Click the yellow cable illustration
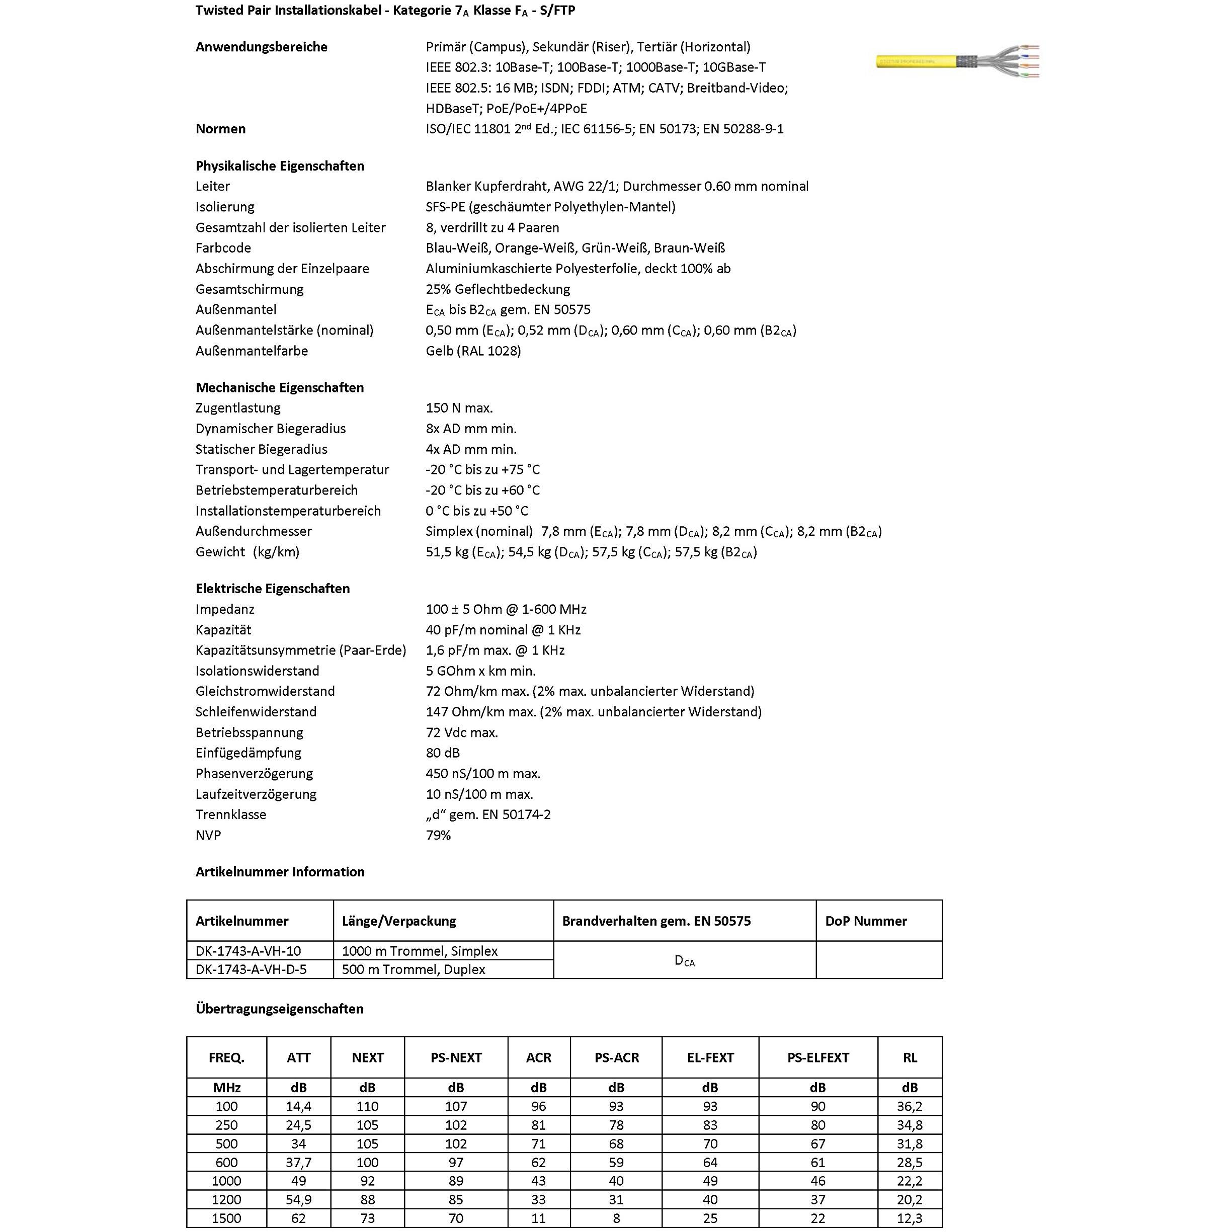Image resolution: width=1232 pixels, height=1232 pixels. click(x=956, y=62)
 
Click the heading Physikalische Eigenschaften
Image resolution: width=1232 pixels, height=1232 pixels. click(x=279, y=166)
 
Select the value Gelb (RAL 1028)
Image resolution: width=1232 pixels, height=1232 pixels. click(x=473, y=351)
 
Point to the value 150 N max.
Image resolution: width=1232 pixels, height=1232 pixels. click(x=459, y=407)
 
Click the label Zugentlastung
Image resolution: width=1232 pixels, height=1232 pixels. click(x=238, y=407)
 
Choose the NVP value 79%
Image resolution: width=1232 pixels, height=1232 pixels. click(x=438, y=835)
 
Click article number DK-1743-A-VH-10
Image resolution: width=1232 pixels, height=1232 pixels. click(x=248, y=951)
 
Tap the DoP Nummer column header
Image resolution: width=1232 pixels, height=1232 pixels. click(x=865, y=921)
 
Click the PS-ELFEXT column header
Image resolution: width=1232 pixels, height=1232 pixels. click(x=817, y=1057)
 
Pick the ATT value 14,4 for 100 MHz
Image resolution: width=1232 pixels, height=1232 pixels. click(x=298, y=1106)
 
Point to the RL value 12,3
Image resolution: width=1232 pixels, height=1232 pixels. click(x=910, y=1218)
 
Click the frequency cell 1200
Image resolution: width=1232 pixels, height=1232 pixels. click(x=226, y=1199)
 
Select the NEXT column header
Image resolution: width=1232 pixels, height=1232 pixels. click(x=367, y=1057)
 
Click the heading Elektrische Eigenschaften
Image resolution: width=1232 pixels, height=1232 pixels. click(x=272, y=589)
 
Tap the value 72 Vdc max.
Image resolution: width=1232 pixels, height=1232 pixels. click(x=462, y=732)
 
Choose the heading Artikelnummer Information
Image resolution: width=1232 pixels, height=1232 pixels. click(x=280, y=872)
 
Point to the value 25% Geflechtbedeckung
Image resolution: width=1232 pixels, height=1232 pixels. click(x=498, y=289)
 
